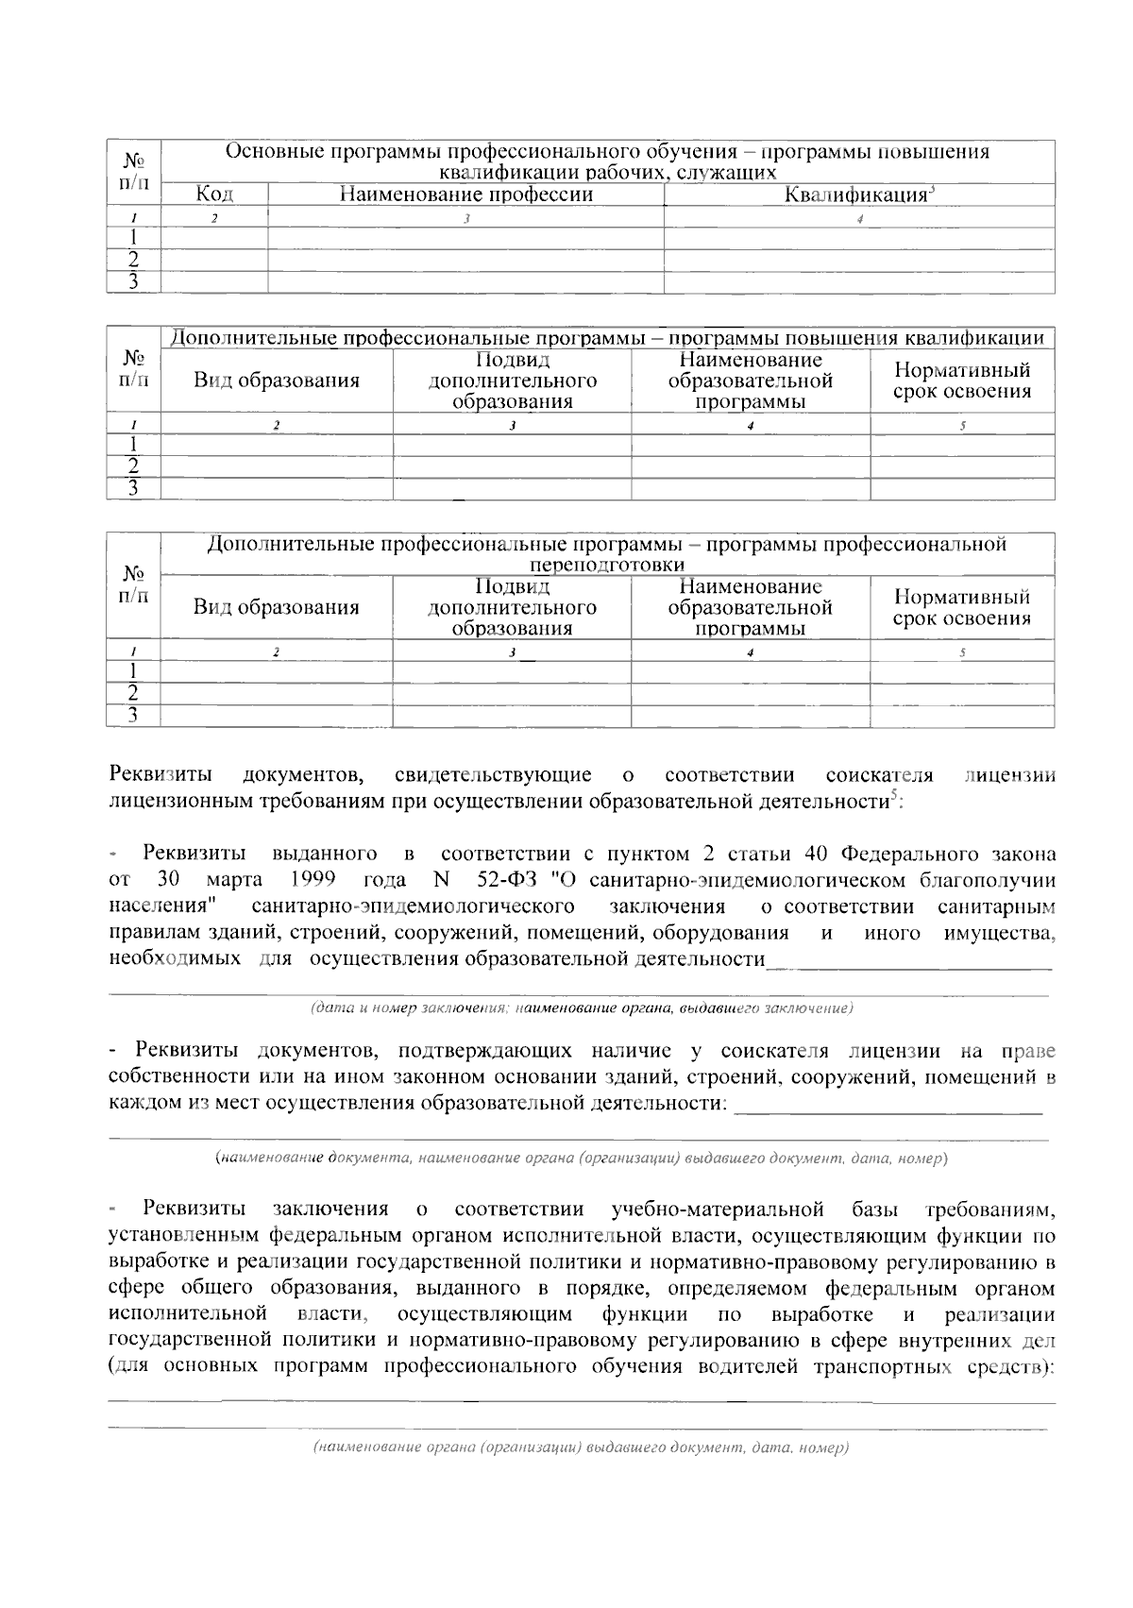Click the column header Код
click(x=214, y=195)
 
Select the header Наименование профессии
click(x=465, y=195)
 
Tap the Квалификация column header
click(x=858, y=195)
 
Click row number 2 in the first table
click(x=134, y=260)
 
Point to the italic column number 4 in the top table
click(x=859, y=219)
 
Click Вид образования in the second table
click(x=277, y=381)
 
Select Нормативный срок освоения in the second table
click(x=961, y=381)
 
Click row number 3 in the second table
click(x=134, y=488)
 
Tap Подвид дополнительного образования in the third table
click(x=512, y=607)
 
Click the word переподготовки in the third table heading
click(x=607, y=565)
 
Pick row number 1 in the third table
click(x=134, y=671)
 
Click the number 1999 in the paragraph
click(x=313, y=880)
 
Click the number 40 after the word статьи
click(x=816, y=855)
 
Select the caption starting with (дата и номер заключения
click(x=582, y=1008)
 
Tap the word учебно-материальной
click(x=718, y=1210)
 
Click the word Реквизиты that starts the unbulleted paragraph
click(x=161, y=775)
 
